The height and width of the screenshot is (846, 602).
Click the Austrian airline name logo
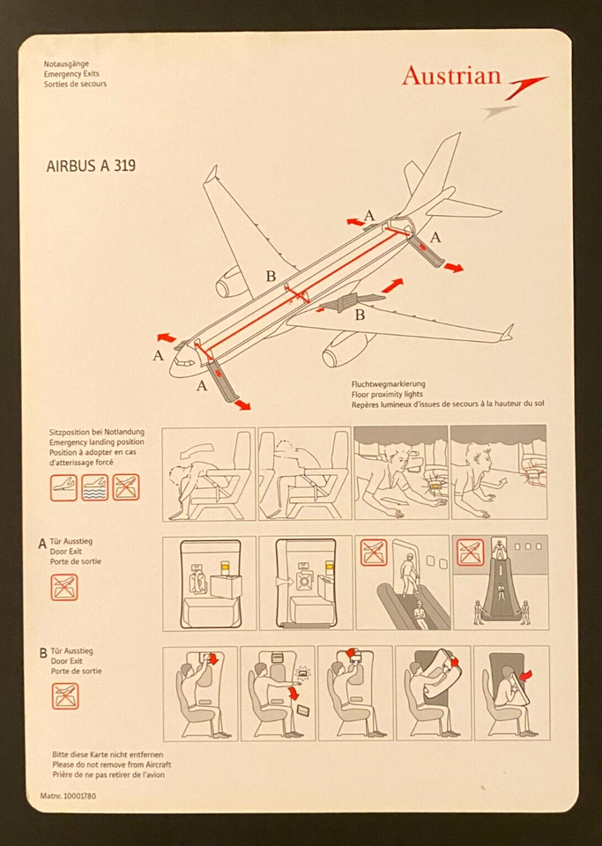(x=451, y=76)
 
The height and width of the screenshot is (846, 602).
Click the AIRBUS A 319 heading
(x=91, y=165)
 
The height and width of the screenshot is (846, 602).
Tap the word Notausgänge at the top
(x=67, y=64)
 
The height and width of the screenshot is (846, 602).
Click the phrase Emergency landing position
(x=97, y=442)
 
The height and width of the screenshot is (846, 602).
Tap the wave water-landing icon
(x=94, y=487)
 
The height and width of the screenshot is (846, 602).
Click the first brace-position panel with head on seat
(x=208, y=474)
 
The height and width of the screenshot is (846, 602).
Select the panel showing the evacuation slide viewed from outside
(x=500, y=583)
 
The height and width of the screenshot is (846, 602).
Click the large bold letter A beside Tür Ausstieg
(x=42, y=545)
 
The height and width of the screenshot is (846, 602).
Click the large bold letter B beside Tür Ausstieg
(x=43, y=654)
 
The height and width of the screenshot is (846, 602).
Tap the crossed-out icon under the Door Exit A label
(x=64, y=587)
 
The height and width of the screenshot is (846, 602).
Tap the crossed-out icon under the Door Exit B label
(x=64, y=695)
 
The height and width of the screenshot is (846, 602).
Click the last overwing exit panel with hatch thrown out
(x=510, y=693)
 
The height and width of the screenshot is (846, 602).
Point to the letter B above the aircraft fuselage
(x=271, y=276)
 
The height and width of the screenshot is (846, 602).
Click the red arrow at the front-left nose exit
(x=165, y=338)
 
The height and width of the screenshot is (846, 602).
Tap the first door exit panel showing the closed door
(x=209, y=583)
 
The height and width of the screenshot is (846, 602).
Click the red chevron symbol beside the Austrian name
(x=526, y=85)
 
